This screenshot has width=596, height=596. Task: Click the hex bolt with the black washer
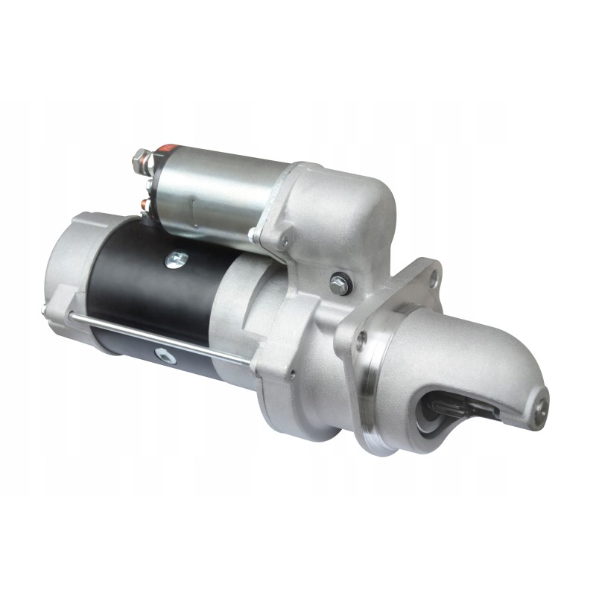point(340,283)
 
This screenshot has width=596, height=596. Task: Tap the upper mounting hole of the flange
point(434,279)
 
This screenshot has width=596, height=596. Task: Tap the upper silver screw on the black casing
point(177,259)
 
